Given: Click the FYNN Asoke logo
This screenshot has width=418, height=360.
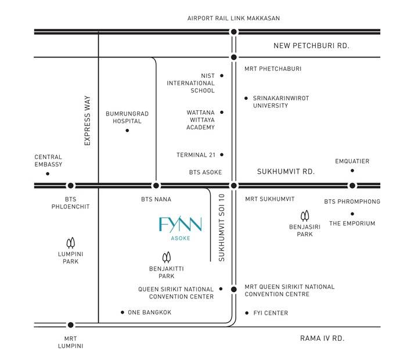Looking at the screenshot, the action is (181, 229).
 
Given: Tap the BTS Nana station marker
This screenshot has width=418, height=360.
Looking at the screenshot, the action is (156, 185).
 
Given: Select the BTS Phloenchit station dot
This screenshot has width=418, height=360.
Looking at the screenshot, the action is (71, 185).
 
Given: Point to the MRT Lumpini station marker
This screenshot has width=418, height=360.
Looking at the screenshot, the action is (71, 325).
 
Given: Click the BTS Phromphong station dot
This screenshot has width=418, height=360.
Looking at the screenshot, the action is (352, 185).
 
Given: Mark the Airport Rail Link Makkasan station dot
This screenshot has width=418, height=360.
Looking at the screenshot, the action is (234, 32).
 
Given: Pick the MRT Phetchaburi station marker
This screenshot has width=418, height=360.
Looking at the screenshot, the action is (234, 57).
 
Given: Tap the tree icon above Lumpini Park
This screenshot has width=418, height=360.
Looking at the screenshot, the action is (71, 243).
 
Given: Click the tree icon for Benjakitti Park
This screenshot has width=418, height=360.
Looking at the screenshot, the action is (167, 257).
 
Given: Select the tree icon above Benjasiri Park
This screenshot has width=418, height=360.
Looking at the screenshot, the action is (305, 216).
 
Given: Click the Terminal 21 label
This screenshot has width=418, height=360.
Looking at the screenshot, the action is (196, 155).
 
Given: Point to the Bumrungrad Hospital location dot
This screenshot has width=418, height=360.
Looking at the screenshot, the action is (127, 131).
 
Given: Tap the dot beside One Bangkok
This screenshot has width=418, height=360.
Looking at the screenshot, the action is (122, 312).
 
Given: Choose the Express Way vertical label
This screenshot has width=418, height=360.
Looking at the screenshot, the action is (87, 121).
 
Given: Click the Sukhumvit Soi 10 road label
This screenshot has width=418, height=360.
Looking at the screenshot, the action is (222, 228).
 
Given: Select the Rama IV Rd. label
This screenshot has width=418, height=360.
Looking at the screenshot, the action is (322, 339).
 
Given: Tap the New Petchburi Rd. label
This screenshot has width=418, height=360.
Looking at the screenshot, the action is (311, 46).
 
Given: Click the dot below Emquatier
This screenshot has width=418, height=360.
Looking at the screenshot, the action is (352, 170).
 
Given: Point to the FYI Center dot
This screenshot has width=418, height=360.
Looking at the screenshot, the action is (247, 313).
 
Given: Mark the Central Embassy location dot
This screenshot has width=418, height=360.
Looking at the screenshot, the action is (48, 174).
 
